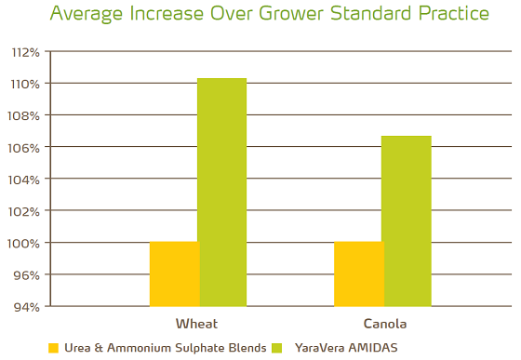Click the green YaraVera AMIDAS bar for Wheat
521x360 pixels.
222,192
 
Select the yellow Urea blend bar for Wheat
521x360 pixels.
174,273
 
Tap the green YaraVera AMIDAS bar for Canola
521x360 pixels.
407,220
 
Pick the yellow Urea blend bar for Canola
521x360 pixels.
358,273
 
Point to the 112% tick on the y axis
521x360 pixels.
25,52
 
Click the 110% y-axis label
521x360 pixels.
25,84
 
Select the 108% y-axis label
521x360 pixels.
25,115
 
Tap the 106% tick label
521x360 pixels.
25,147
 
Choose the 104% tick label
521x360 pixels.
25,179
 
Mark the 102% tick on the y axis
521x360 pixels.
25,211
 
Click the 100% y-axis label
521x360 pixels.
25,243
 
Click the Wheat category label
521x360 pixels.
197,324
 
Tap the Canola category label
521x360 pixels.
382,324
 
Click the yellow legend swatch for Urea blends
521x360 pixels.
53,348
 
